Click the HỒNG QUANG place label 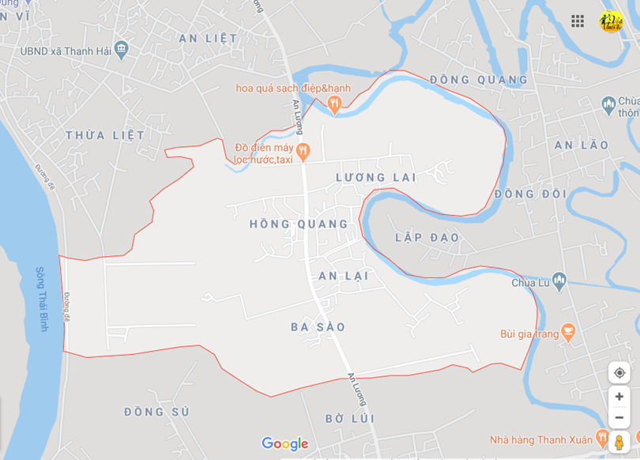point(299,224)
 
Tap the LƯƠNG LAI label point(376,177)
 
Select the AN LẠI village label point(344,276)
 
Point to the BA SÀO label point(318,327)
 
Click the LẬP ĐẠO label point(427,238)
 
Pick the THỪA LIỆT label point(105,135)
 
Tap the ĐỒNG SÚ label point(156,412)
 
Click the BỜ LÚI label point(350,418)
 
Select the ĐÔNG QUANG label point(479,80)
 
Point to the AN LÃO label point(582,145)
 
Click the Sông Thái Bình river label point(42,299)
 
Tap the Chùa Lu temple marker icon point(559,280)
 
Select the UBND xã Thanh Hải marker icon point(121,49)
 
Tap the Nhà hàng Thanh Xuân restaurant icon point(602,438)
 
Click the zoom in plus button point(619,397)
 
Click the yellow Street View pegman point(619,443)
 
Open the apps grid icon point(578,21)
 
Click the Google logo point(284,444)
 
